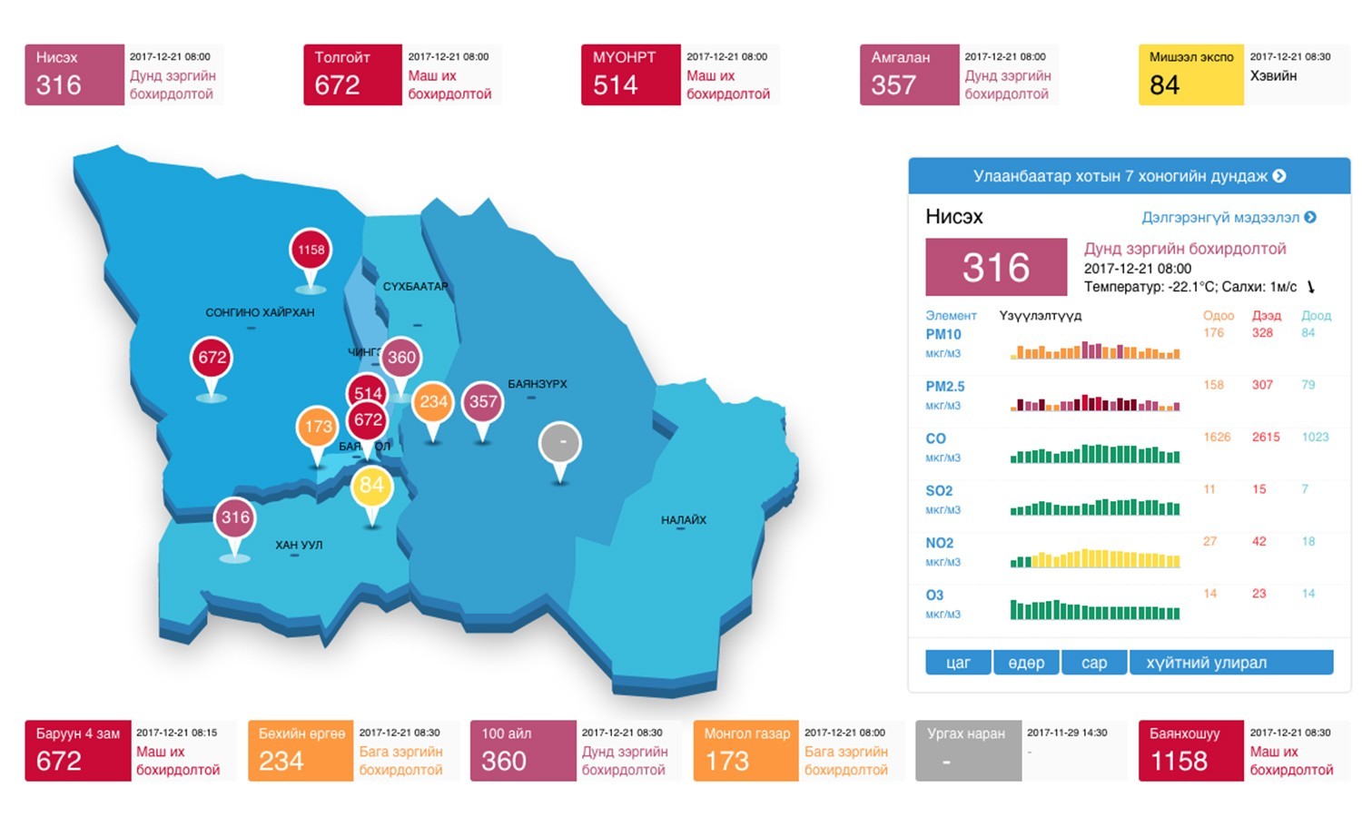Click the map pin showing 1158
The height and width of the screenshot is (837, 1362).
pos(311,251)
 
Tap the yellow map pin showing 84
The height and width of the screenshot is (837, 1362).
pos(371,487)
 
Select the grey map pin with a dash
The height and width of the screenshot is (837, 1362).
pos(560,444)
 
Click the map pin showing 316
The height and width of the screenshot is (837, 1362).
pos(235,518)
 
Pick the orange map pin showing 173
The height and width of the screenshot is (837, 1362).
pos(318,427)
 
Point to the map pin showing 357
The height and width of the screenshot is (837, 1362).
pos(483,402)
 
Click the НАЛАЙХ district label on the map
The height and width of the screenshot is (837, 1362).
pos(683,520)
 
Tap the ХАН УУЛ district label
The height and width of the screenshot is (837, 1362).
pos(299,546)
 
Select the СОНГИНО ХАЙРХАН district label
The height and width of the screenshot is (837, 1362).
pos(260,312)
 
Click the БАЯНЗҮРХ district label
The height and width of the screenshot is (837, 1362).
pos(537,384)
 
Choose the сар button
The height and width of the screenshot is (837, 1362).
pos(1094,663)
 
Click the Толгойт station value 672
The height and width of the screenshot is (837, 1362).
pos(338,85)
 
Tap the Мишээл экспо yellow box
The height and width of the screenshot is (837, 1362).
pos(1190,74)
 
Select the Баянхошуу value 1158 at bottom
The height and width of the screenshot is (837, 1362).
pos(1179,762)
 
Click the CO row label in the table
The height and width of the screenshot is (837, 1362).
pos(935,438)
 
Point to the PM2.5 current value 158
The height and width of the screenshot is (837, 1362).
pos(1214,385)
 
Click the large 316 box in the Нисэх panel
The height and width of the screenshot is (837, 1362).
pos(996,268)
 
